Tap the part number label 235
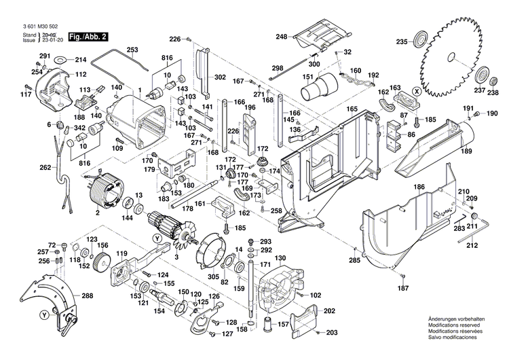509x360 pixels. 402,42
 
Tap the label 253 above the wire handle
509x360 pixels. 132,50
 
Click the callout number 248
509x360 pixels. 282,37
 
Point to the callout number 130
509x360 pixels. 280,258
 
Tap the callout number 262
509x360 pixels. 45,168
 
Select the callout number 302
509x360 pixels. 221,77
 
